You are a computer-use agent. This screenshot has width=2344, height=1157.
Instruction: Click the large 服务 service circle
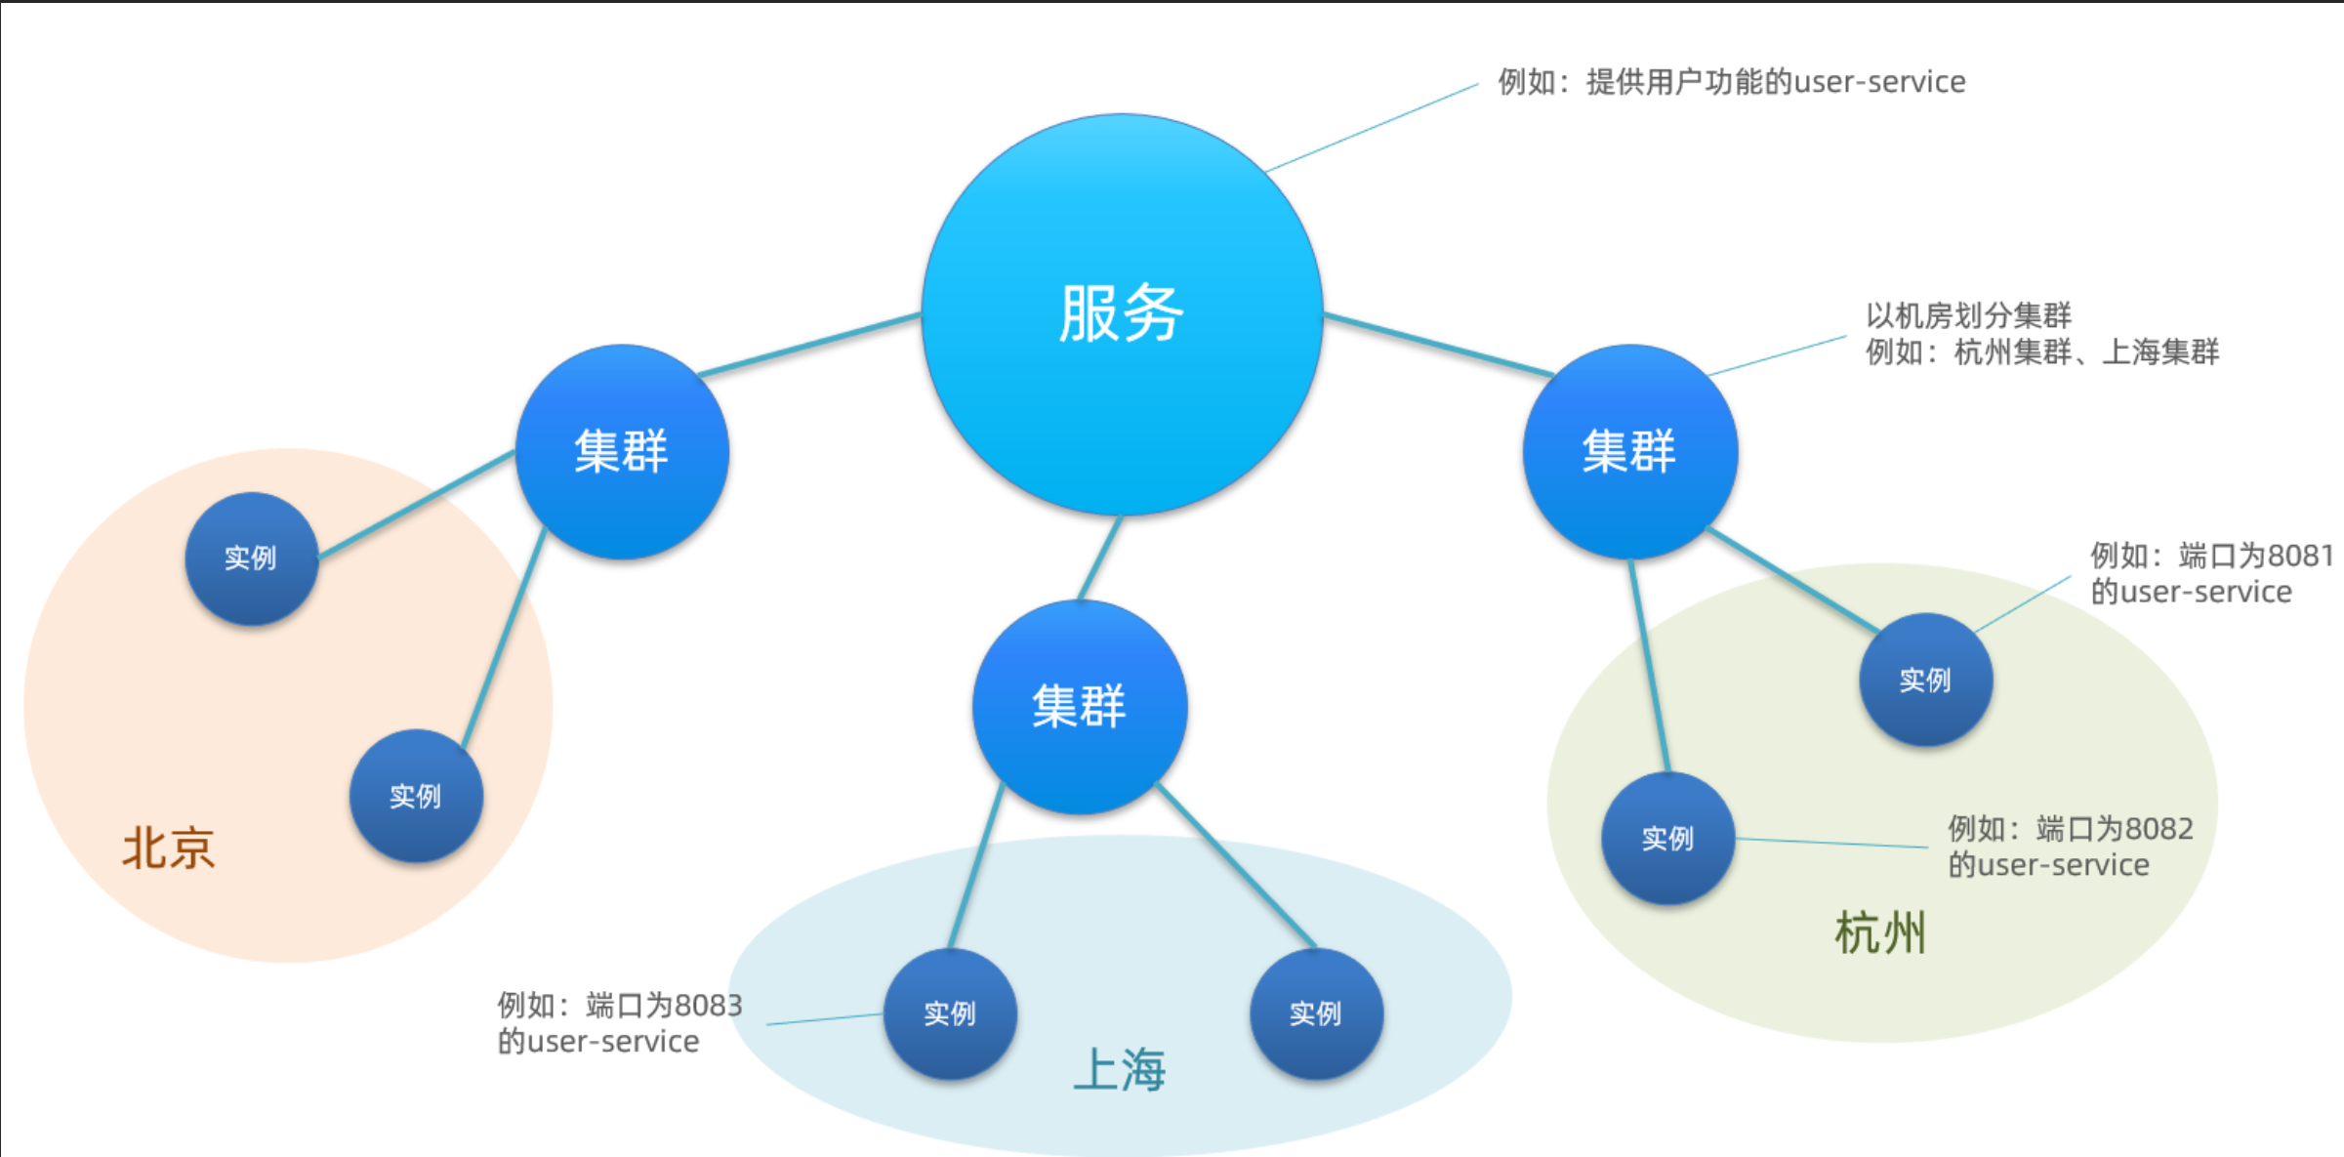click(x=1122, y=314)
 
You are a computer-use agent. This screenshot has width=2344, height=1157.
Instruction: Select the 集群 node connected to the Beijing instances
click(x=622, y=451)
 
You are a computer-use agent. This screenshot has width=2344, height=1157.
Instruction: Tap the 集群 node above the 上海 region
click(x=1080, y=706)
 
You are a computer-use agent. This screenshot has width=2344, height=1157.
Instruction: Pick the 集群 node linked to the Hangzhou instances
click(x=1629, y=451)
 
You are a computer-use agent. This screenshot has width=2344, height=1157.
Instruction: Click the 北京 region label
click(x=168, y=847)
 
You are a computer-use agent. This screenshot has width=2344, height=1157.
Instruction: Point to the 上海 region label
click(x=1119, y=1070)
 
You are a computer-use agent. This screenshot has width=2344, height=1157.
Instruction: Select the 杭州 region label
click(x=1880, y=933)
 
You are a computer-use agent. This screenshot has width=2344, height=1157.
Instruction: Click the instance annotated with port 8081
click(x=1925, y=680)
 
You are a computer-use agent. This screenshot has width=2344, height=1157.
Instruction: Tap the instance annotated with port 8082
click(x=1667, y=838)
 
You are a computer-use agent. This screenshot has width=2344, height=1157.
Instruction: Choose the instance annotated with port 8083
click(x=950, y=1013)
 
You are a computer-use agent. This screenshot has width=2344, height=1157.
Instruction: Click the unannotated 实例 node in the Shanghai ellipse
click(x=1316, y=1013)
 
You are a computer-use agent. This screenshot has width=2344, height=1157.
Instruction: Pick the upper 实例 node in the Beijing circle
click(x=251, y=558)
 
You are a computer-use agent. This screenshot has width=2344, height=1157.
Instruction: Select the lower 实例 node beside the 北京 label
click(x=416, y=796)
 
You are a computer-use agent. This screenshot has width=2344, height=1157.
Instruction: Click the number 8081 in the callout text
click(x=2300, y=556)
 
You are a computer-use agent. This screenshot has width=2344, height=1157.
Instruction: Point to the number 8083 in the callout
click(x=709, y=1005)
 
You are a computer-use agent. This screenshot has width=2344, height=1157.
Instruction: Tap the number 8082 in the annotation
click(x=2159, y=829)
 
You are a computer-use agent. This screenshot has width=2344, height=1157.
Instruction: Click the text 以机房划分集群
click(x=1968, y=315)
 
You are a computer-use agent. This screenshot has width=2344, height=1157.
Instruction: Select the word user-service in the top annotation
click(x=1880, y=82)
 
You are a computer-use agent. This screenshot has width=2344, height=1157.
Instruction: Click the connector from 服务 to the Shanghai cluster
click(x=1100, y=558)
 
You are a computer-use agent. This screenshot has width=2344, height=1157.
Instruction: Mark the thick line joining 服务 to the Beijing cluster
click(x=810, y=345)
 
